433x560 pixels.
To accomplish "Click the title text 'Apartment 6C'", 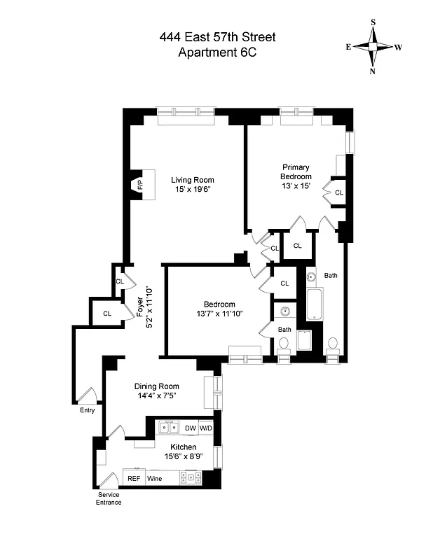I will pyautogui.click(x=216, y=53).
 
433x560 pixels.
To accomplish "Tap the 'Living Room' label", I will pyautogui.click(x=193, y=180).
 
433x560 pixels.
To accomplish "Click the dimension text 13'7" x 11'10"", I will pyautogui.click(x=219, y=314).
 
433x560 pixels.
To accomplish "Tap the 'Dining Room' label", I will pyautogui.click(x=157, y=386).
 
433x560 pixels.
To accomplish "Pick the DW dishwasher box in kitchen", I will pyautogui.click(x=191, y=428).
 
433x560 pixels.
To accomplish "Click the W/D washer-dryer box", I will pyautogui.click(x=206, y=428).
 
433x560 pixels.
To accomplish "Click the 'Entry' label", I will pyautogui.click(x=87, y=410).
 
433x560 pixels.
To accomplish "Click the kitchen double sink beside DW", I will pyautogui.click(x=168, y=428).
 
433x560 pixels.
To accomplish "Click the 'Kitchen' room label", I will pyautogui.click(x=181, y=447).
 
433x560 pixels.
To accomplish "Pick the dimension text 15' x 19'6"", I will pyautogui.click(x=192, y=189).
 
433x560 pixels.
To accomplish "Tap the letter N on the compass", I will pyautogui.click(x=373, y=71).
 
